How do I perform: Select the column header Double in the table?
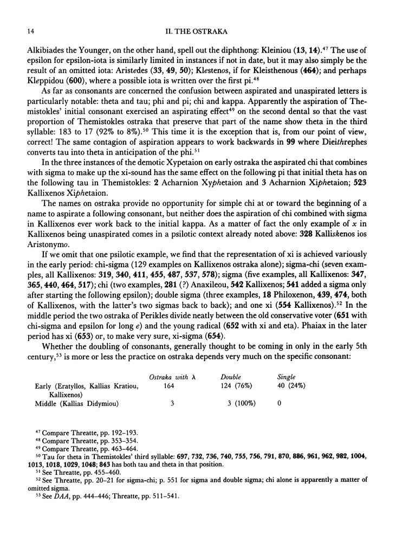230,376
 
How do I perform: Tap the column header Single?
286,376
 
